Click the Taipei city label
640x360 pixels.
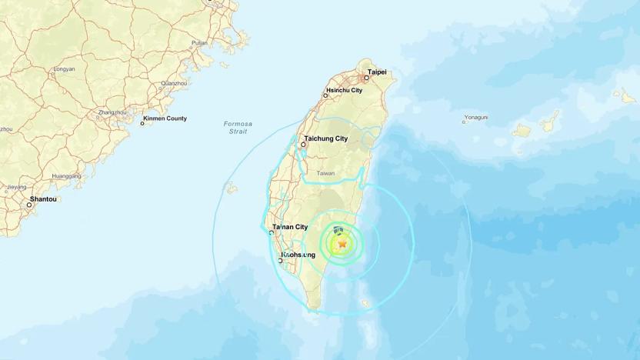377,72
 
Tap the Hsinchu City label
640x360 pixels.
344,90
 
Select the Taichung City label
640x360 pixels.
326,138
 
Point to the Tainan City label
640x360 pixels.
290,227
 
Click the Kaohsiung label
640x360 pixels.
298,254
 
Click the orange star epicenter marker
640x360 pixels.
342,244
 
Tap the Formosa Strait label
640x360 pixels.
238,128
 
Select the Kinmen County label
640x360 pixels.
166,118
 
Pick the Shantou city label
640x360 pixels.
43,198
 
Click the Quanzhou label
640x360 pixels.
174,83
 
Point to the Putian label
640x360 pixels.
199,43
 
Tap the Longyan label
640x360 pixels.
64,68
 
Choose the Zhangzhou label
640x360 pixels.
112,112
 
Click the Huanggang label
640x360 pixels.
67,175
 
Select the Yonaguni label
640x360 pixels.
476,118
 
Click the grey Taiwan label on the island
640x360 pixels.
325,173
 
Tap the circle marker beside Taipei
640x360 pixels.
366,78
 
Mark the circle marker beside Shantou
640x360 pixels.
29,205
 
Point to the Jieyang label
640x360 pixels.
16,187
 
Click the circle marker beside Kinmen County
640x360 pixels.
142,123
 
